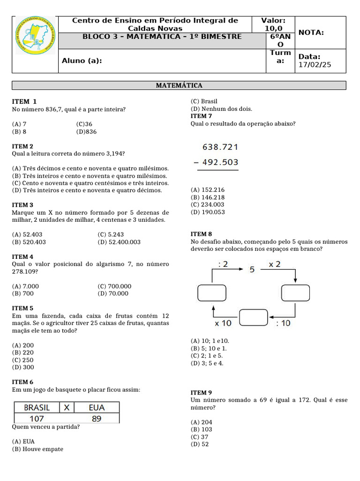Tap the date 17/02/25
pyautogui.click(x=315, y=65)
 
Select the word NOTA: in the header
pyautogui.click(x=311, y=32)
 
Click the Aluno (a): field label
pyautogui.click(x=82, y=61)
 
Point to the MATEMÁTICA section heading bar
pyautogui.click(x=179, y=85)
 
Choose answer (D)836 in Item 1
pyautogui.click(x=86, y=132)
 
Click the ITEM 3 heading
pyautogui.click(x=22, y=205)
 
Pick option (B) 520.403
pyautogui.click(x=29, y=242)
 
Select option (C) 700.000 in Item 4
pyautogui.click(x=114, y=286)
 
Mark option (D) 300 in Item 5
pyautogui.click(x=23, y=367)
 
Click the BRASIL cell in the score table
pyautogui.click(x=37, y=407)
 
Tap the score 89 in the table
pyautogui.click(x=97, y=418)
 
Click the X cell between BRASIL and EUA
pyautogui.click(x=67, y=407)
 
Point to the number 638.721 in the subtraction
pyautogui.click(x=220, y=147)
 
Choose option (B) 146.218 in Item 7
pyautogui.click(x=208, y=197)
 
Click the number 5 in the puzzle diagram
pyautogui.click(x=252, y=270)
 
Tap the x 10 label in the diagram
pyautogui.click(x=223, y=323)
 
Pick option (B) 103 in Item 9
pyautogui.click(x=201, y=429)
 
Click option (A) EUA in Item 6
pyautogui.click(x=23, y=441)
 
